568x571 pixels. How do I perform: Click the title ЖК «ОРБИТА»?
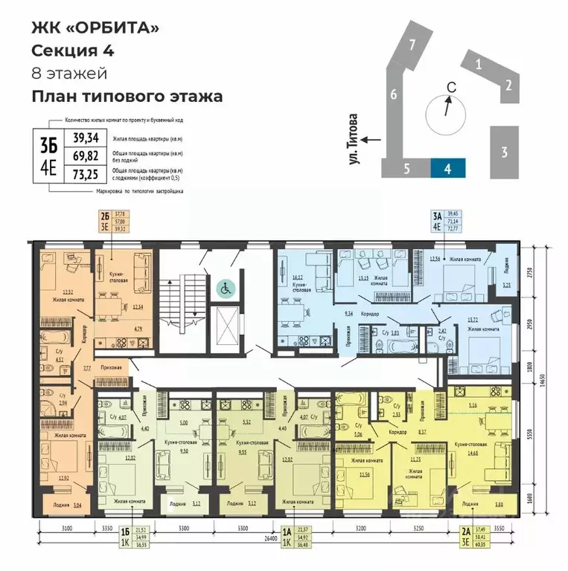click(95, 28)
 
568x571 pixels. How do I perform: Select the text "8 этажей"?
click(68, 73)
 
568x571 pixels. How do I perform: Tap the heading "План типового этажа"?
click(127, 96)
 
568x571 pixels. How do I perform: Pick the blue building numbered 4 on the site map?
click(447, 168)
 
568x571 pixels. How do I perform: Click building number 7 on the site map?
click(411, 45)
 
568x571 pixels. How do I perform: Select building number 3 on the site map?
click(504, 152)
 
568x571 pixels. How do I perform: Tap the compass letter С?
click(450, 87)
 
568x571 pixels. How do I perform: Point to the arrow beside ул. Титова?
click(373, 139)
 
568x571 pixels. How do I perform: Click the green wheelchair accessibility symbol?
click(224, 286)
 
